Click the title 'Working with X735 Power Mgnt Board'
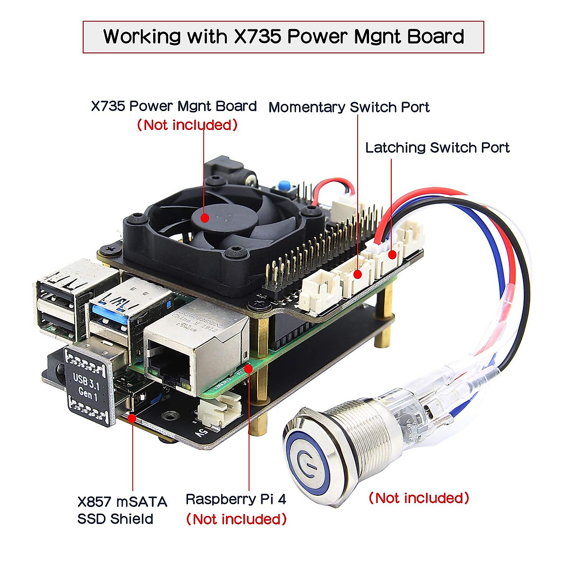pos(283,37)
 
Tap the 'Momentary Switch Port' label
pos(349,107)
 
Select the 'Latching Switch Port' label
pos(437,148)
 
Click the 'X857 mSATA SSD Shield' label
pos(122,510)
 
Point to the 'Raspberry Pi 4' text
pos(236,499)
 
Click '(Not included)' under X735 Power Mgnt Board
pos(187,125)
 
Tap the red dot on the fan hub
pos(205,217)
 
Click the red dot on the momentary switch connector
pos(358,274)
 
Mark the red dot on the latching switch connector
pos(392,255)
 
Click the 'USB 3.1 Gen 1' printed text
pos(86,385)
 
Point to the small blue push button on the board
pos(284,186)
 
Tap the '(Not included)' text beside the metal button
pos(419,498)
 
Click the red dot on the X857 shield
pos(132,418)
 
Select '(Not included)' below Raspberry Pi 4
pos(236,519)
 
